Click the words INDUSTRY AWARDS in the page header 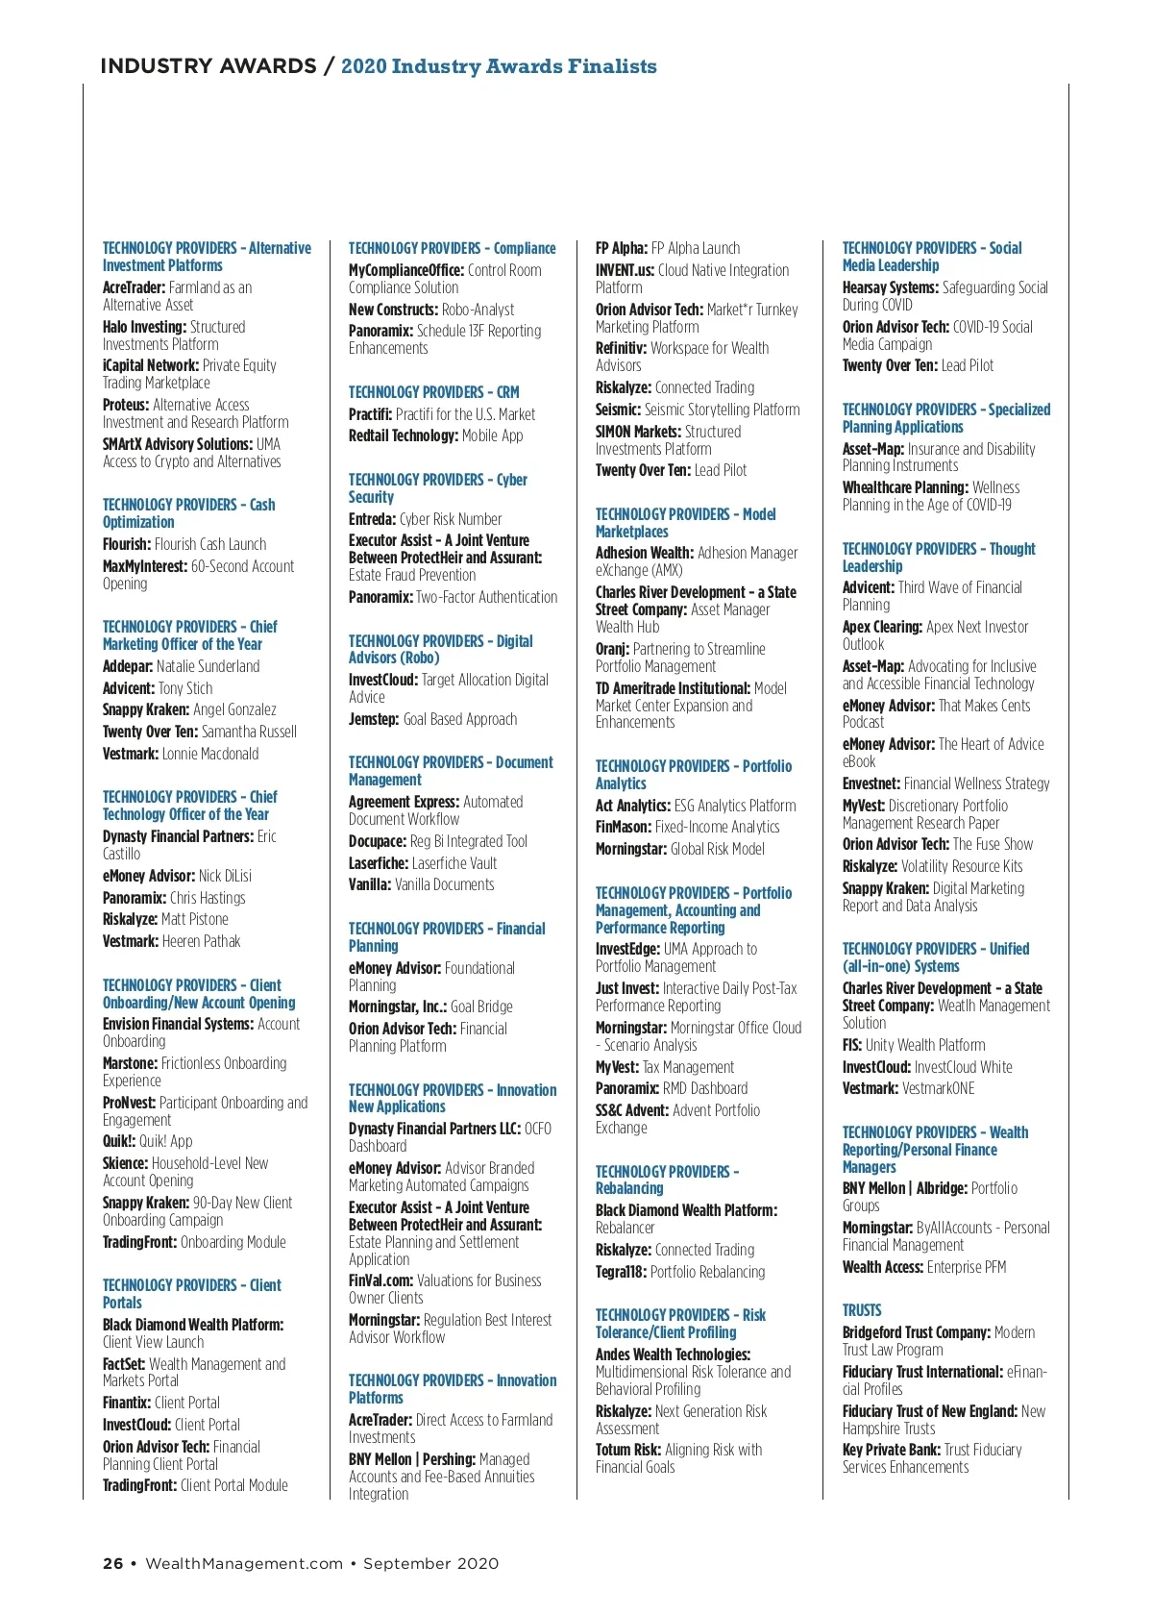click(x=208, y=66)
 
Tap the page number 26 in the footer click(x=112, y=1563)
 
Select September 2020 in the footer click(x=430, y=1563)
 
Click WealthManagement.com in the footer click(x=244, y=1563)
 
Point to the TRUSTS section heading click(x=862, y=1310)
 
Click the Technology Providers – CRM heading click(x=433, y=392)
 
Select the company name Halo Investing click(x=144, y=327)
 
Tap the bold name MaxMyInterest click(x=144, y=566)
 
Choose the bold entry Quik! click(x=119, y=1141)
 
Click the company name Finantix click(x=126, y=1403)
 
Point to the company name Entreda click(x=372, y=519)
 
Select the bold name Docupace click(x=377, y=841)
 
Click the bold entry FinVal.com click(x=380, y=1280)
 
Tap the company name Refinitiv click(x=621, y=348)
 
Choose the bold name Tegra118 click(x=621, y=1272)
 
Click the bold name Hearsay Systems click(x=890, y=287)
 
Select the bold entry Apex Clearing click(x=882, y=627)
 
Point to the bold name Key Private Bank click(x=891, y=1450)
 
